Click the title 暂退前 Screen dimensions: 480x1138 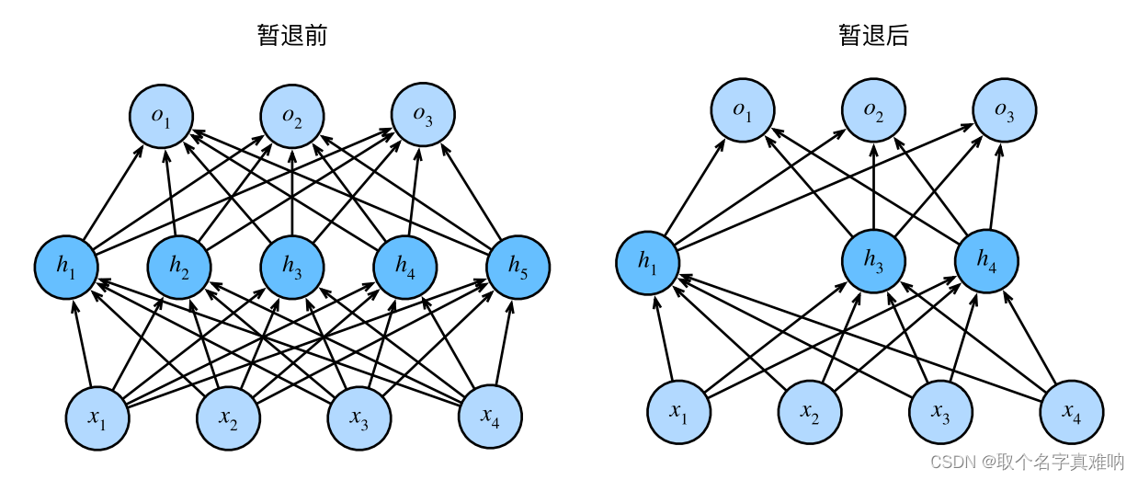[292, 36]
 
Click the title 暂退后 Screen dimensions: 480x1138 [873, 36]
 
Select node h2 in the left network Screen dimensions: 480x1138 [180, 267]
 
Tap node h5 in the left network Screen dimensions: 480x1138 [518, 267]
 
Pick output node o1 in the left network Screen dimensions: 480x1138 [161, 116]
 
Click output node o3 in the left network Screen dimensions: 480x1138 [423, 116]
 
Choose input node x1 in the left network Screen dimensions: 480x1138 [97, 418]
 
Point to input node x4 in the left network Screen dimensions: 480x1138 [490, 418]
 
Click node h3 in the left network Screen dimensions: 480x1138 [292, 267]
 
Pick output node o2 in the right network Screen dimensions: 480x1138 [873, 112]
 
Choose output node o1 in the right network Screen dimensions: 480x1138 [742, 112]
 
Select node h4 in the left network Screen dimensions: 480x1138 [404, 267]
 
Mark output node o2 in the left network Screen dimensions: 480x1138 [292, 116]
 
